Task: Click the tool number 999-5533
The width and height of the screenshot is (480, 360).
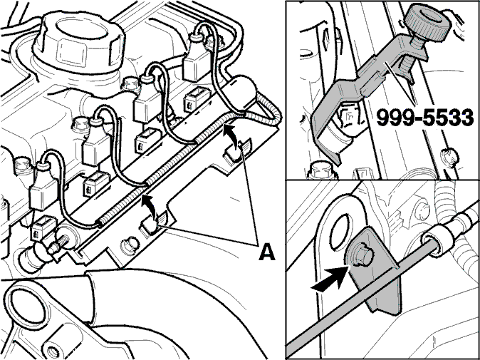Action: (425, 118)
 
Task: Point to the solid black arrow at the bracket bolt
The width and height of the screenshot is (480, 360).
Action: (330, 279)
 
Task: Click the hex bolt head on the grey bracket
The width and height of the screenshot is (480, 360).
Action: (362, 256)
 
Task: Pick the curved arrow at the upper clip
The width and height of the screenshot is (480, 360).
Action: (231, 138)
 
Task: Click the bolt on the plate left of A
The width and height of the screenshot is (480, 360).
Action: (130, 246)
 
